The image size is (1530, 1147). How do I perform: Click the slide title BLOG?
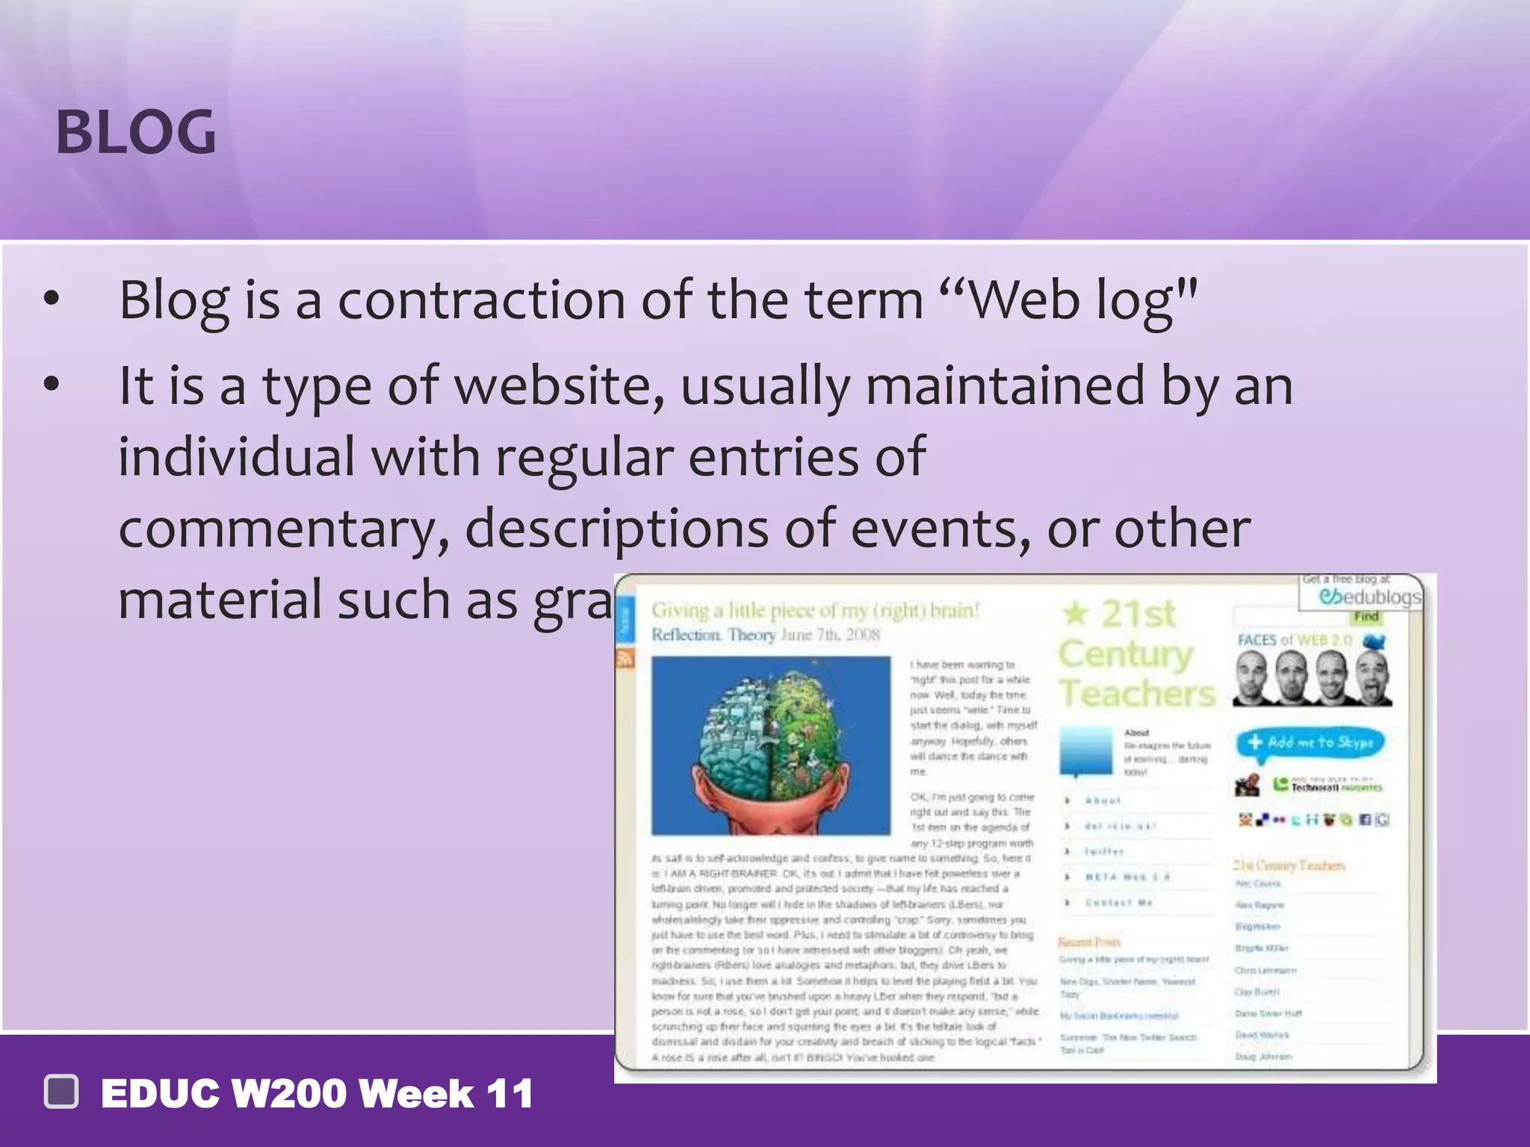[x=136, y=133]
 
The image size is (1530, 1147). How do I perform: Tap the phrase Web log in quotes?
[x=1068, y=300]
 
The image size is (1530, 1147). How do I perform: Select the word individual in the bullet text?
[x=236, y=457]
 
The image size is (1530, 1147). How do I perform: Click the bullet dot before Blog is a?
[x=51, y=300]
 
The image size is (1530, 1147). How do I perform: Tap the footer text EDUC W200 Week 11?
[x=317, y=1094]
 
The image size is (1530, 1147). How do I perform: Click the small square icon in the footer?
[x=61, y=1092]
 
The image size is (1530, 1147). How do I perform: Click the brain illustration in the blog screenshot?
[x=770, y=745]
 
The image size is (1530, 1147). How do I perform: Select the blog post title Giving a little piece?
[x=815, y=610]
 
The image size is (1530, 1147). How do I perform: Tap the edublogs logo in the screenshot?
[x=1369, y=597]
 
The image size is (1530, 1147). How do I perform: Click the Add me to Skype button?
[x=1310, y=743]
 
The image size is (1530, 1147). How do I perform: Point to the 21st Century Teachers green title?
[x=1136, y=653]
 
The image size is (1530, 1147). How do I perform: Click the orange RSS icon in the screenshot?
[x=625, y=658]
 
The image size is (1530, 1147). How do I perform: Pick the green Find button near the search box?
[x=1366, y=617]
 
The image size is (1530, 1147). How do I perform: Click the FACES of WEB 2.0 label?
[x=1295, y=640]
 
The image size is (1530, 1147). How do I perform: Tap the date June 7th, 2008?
[x=830, y=635]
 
